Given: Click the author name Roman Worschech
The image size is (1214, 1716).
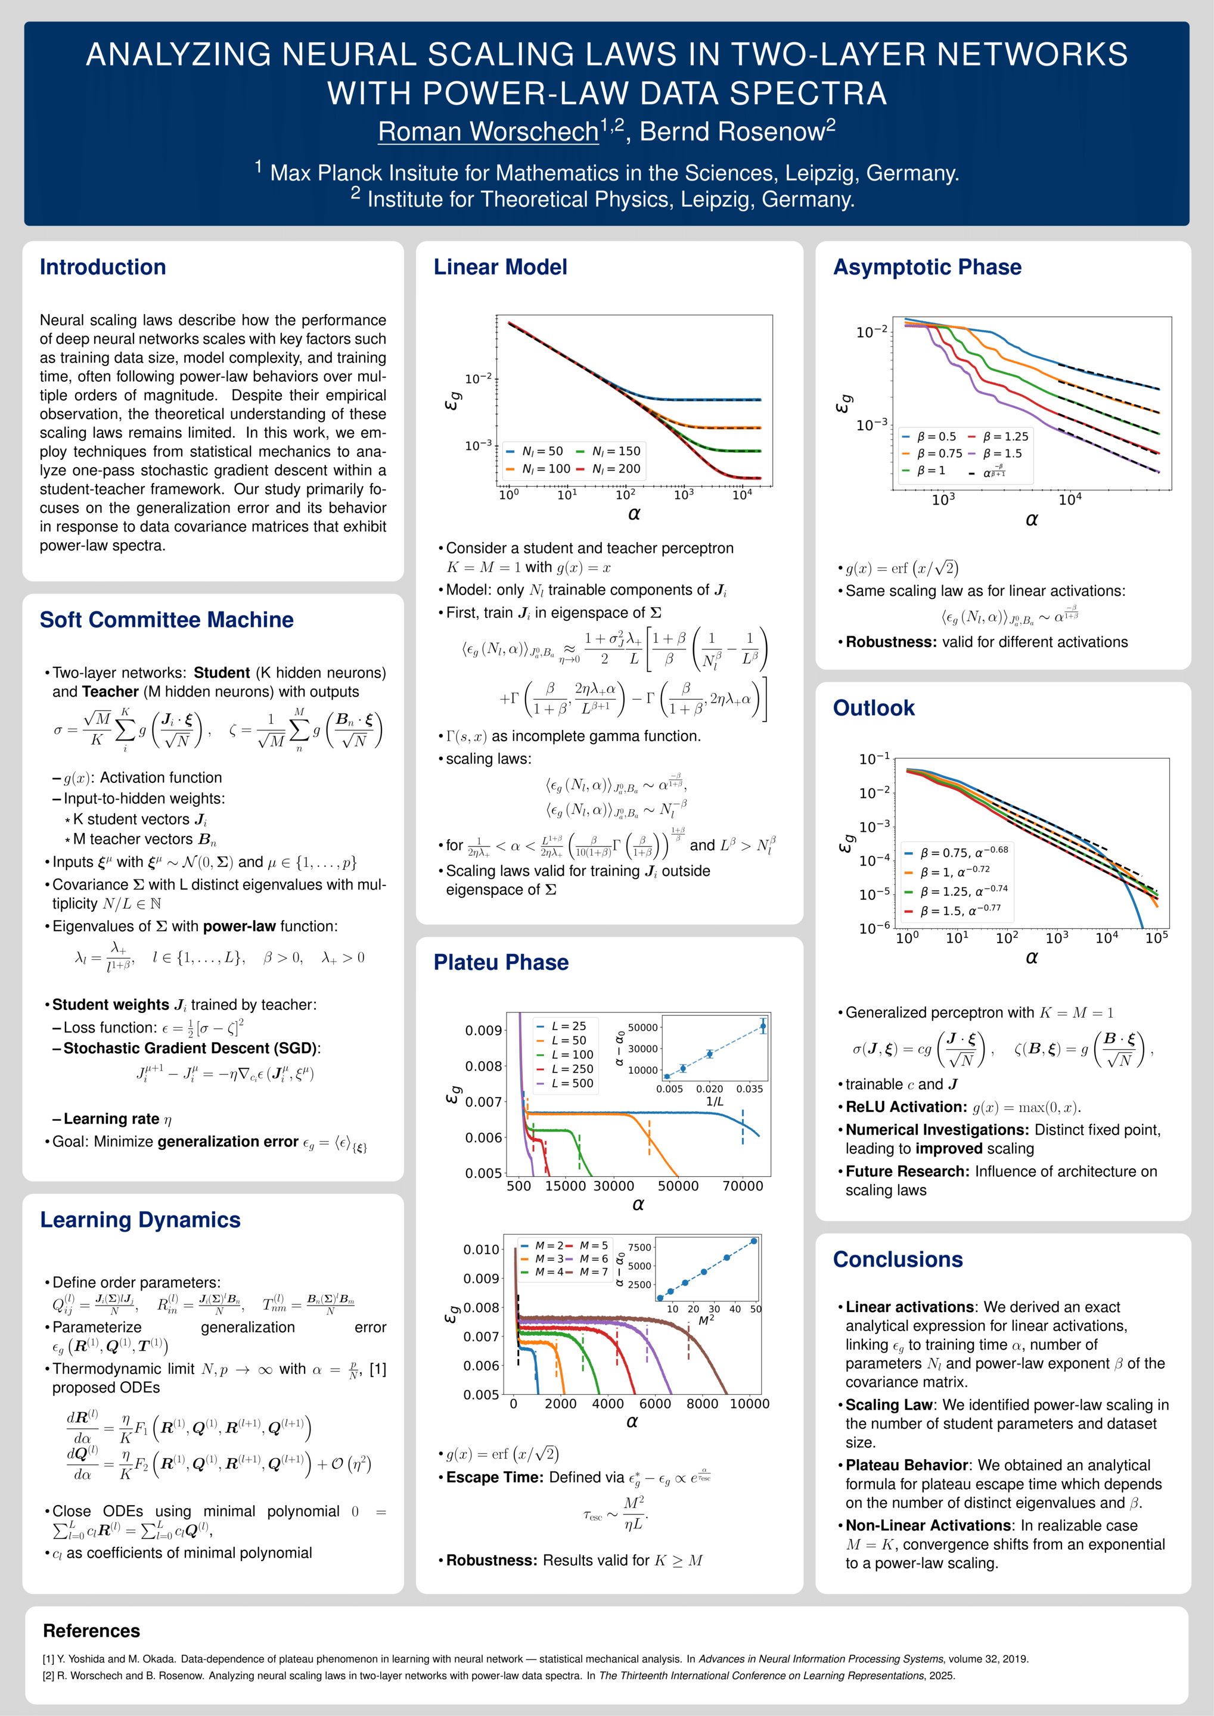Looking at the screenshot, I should [488, 132].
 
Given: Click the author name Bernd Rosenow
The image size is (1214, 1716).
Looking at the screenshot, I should [732, 132].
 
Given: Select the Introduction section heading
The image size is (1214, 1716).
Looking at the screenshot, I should [103, 267].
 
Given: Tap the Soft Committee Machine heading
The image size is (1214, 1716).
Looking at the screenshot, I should [167, 620].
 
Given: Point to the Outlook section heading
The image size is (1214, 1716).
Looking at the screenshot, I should [874, 708].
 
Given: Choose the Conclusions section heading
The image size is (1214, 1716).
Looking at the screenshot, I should [898, 1260].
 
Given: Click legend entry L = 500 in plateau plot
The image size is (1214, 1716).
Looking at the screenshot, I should [565, 1083].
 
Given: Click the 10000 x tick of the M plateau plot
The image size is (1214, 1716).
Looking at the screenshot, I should [749, 1404].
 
